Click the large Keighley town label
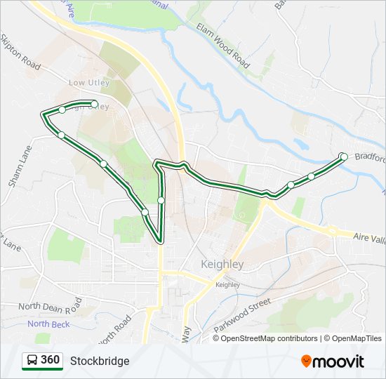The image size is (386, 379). (x=222, y=265)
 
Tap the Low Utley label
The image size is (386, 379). (x=87, y=83)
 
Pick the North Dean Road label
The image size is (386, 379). (x=50, y=307)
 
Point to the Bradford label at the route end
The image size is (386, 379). (x=370, y=157)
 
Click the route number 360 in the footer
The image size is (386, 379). (x=50, y=360)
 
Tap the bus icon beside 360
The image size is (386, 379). (x=32, y=361)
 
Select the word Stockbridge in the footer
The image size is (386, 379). (x=100, y=361)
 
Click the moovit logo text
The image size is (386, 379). (x=339, y=361)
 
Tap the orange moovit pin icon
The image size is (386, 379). (x=307, y=361)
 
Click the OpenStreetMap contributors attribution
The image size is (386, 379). (x=269, y=338)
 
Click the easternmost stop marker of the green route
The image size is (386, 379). (x=343, y=157)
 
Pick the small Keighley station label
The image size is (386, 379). (x=227, y=285)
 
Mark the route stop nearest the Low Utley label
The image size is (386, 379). (x=94, y=104)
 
